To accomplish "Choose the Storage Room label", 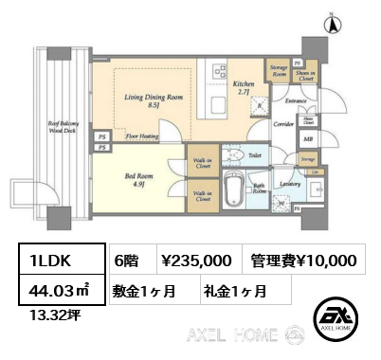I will pyautogui.click(x=278, y=69).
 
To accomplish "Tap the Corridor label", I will pyautogui.click(x=283, y=123).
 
